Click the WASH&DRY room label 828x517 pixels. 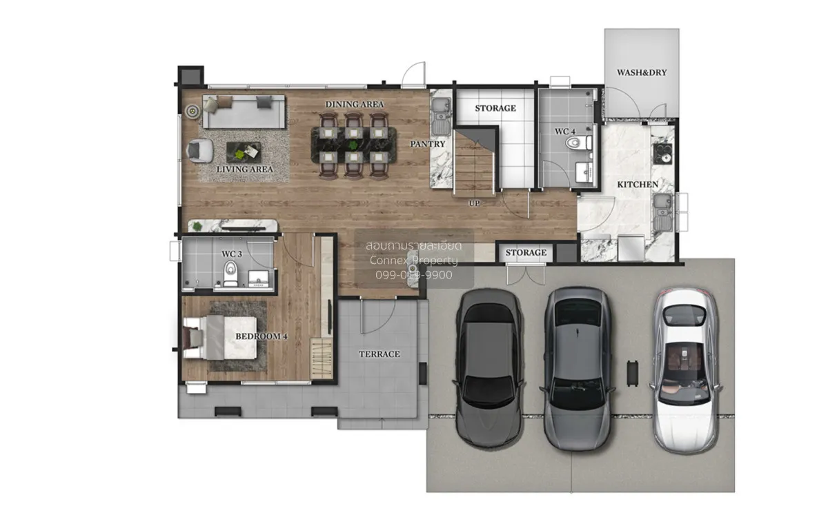(642, 72)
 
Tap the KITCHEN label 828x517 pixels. (638, 184)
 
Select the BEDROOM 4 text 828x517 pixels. (262, 336)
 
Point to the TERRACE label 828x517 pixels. (379, 354)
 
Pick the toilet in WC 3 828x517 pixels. (230, 273)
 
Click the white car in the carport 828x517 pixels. (686, 370)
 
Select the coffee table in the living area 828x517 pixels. (244, 152)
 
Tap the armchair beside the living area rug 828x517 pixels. (200, 150)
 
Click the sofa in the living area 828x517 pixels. (244, 112)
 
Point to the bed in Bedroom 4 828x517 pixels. (220, 338)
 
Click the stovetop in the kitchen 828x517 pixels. (662, 154)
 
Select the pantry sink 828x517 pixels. (441, 116)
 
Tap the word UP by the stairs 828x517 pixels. (474, 203)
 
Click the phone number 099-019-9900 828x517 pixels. (413, 275)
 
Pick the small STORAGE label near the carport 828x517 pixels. (526, 252)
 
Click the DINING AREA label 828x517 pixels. (354, 105)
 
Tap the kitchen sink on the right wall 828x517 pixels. (663, 212)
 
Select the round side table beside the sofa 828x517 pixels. (193, 110)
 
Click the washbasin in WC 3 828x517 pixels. (258, 278)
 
